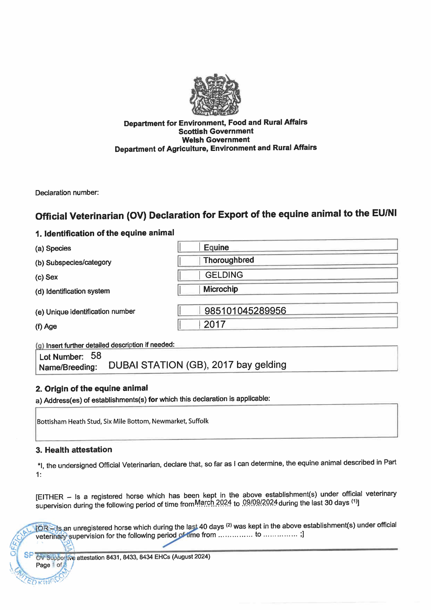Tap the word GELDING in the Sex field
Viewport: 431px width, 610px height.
224,275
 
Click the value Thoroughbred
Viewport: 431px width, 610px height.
229,260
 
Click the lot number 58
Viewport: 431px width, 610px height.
96,356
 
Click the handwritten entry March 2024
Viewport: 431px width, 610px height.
213,503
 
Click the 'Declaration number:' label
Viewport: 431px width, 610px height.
67,193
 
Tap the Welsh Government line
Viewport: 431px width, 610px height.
216,140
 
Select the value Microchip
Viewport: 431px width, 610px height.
220,289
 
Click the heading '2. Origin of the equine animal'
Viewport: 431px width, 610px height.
92,388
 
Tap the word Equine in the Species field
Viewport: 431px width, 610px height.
216,247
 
